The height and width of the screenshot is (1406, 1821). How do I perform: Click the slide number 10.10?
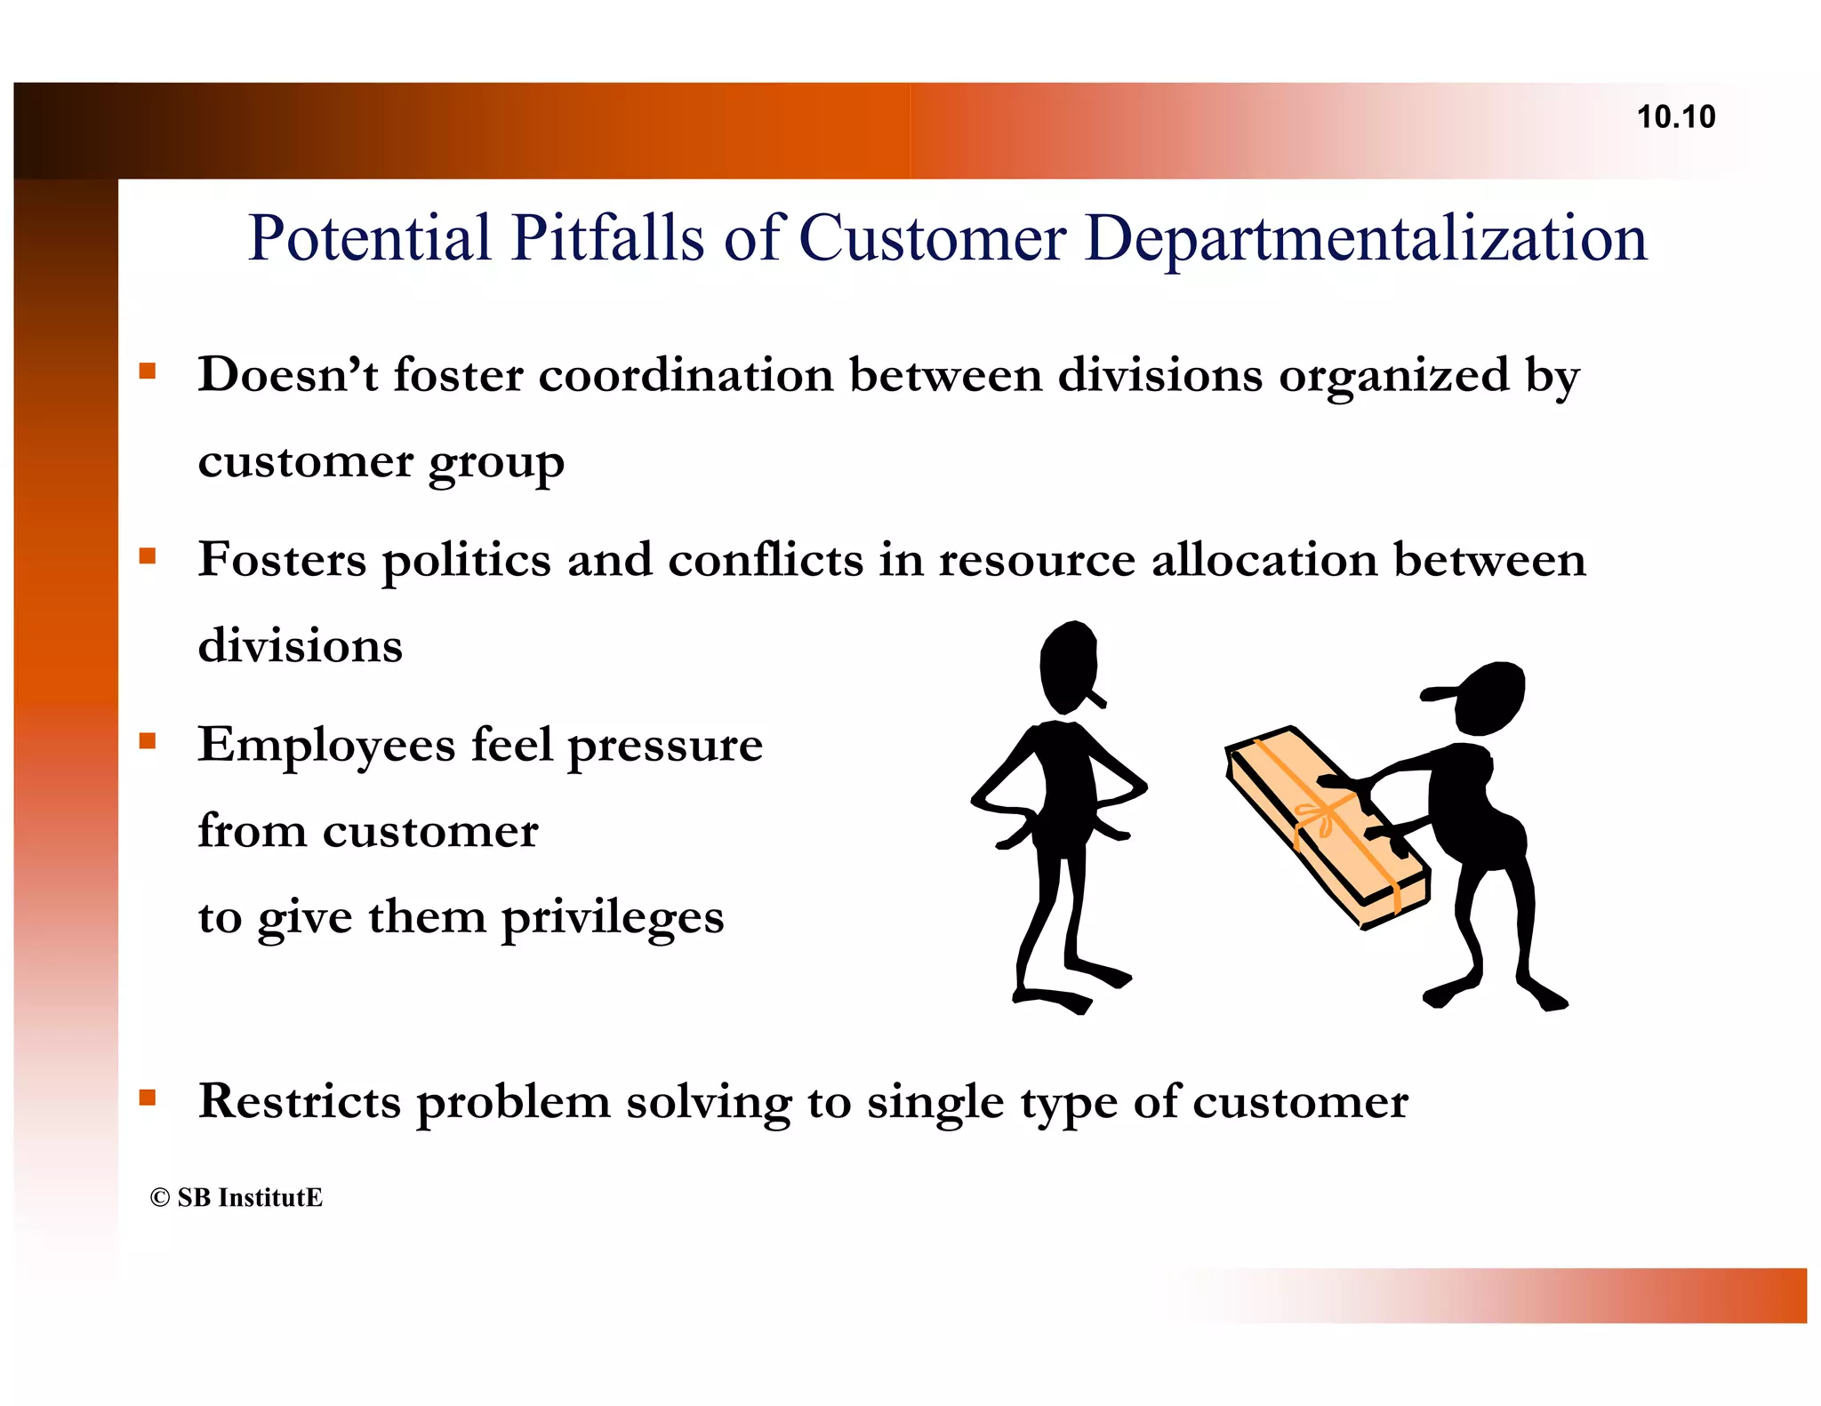pos(1675,117)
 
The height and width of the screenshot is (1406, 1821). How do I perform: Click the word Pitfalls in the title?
pos(607,238)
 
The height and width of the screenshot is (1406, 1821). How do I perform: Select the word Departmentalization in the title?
pos(1366,240)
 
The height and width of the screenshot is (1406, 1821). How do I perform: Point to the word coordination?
pos(686,374)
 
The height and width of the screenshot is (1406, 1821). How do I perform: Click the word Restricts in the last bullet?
pos(300,1101)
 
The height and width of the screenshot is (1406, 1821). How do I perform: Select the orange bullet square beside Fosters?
pos(148,557)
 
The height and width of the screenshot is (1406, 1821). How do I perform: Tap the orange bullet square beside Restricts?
pos(148,1098)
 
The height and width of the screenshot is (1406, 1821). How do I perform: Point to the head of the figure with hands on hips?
pos(1070,665)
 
